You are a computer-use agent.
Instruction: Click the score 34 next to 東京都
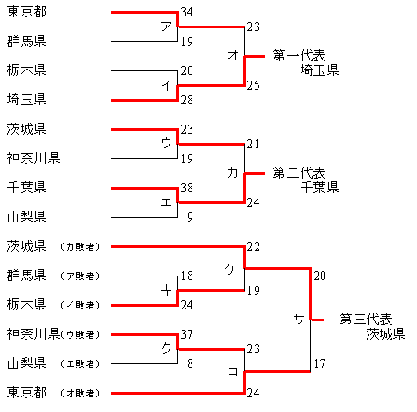pyautogui.click(x=187, y=12)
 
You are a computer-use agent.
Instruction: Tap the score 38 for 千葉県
pyautogui.click(x=187, y=188)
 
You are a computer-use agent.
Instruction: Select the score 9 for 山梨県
pyautogui.click(x=190, y=217)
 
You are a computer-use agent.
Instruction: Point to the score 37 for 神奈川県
pyautogui.click(x=187, y=334)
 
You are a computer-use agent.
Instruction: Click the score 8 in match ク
pyautogui.click(x=190, y=363)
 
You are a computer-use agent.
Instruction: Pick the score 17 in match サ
pyautogui.click(x=320, y=363)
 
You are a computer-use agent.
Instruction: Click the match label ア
pyautogui.click(x=167, y=27)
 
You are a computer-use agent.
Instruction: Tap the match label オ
pyautogui.click(x=233, y=56)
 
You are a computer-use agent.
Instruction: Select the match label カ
pyautogui.click(x=233, y=173)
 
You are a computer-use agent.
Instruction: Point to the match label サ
pyautogui.click(x=300, y=319)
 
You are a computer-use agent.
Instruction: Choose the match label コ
pyautogui.click(x=233, y=372)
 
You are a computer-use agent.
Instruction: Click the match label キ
pyautogui.click(x=167, y=290)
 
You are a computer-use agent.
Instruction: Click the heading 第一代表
pyautogui.click(x=299, y=56)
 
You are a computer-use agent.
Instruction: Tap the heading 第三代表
pyautogui.click(x=366, y=320)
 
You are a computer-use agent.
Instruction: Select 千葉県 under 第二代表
pyautogui.click(x=320, y=187)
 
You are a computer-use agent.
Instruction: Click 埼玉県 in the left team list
pyautogui.click(x=27, y=100)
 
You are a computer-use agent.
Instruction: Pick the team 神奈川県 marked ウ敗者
pyautogui.click(x=33, y=334)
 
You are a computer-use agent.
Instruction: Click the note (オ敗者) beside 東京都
pyautogui.click(x=80, y=393)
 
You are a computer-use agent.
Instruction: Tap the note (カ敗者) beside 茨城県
pyautogui.click(x=80, y=246)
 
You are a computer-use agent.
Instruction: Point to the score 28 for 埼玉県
pyautogui.click(x=187, y=100)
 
